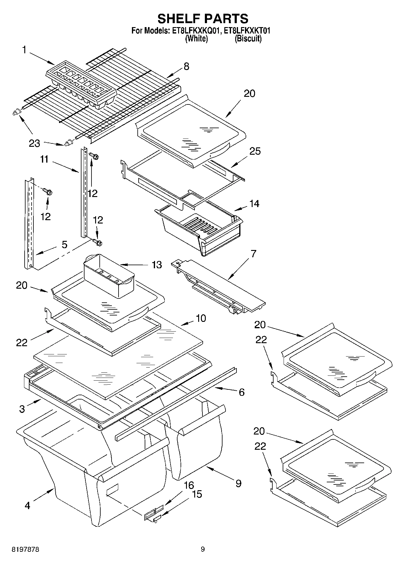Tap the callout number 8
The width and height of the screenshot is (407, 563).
(186, 66)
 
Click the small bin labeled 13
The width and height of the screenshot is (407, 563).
(109, 276)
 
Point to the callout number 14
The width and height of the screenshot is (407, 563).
(254, 203)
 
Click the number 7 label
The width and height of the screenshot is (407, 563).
(253, 253)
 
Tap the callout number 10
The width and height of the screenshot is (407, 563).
(201, 318)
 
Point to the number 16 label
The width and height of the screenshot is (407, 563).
(189, 485)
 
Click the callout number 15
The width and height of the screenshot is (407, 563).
(197, 494)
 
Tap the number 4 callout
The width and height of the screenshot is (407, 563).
(27, 505)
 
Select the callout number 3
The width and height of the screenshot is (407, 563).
(22, 409)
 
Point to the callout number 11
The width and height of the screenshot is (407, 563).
(44, 159)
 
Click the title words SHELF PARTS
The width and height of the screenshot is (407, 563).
(203, 19)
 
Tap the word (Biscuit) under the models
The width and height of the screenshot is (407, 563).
(248, 39)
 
